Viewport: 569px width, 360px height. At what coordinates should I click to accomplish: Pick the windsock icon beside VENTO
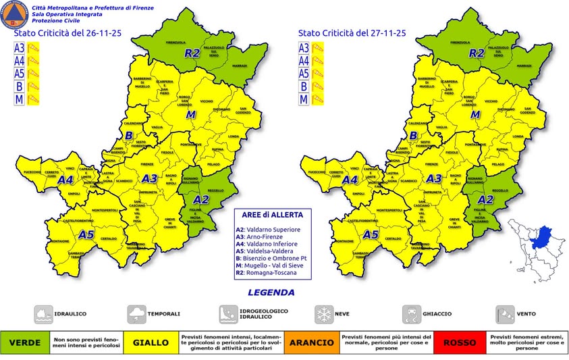(506, 313)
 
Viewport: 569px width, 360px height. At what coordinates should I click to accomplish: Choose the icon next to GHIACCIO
(412, 313)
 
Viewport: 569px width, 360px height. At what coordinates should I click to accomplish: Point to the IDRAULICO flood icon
(45, 313)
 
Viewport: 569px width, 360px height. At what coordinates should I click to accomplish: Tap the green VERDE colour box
(24, 342)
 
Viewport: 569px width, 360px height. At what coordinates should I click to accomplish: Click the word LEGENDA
(271, 292)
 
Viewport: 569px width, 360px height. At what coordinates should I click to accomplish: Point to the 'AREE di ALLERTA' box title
(268, 214)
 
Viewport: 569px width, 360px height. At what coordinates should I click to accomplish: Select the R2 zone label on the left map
(193, 52)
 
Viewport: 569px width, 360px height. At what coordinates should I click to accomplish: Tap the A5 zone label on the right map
(370, 235)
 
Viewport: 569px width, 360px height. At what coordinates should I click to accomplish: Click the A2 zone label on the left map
(201, 199)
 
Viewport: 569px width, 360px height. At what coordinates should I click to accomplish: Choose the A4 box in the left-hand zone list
(20, 61)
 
